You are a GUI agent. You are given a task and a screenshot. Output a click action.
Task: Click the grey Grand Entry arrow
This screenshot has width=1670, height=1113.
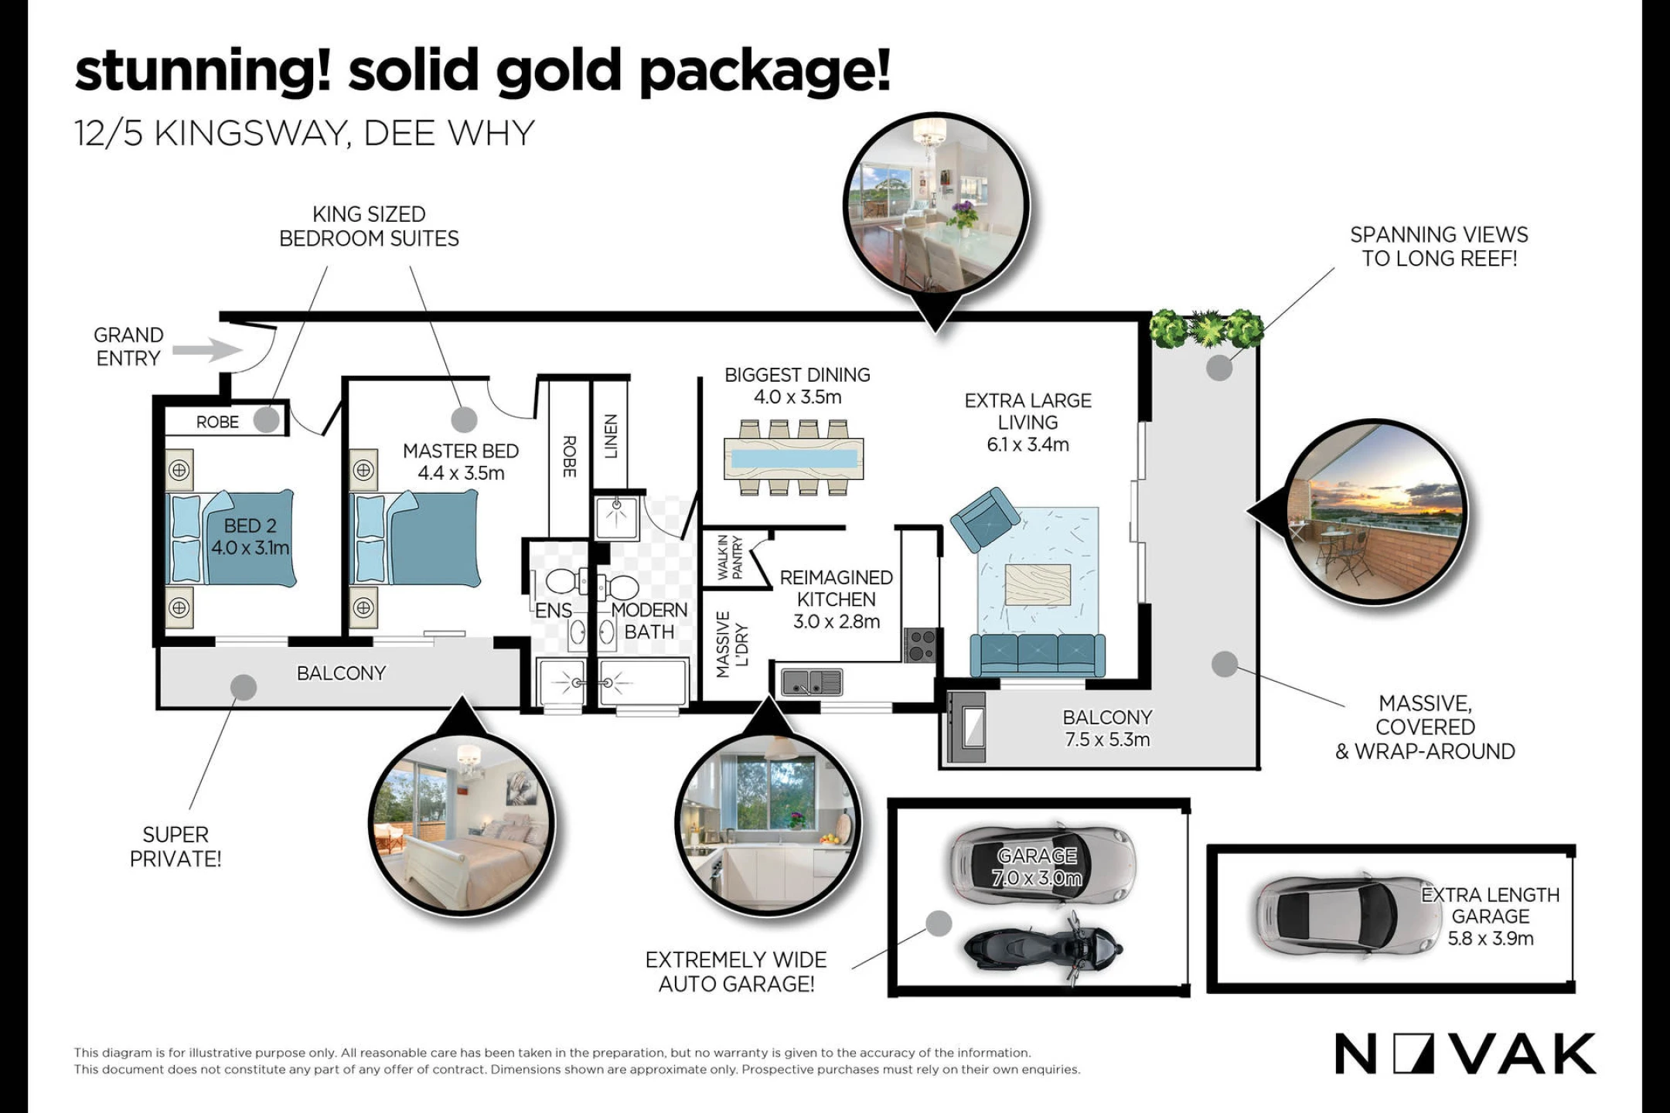coord(207,350)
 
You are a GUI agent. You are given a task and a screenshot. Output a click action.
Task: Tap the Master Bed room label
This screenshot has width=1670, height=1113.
coord(461,461)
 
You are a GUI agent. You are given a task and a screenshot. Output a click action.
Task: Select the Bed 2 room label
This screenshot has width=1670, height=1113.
coord(250,536)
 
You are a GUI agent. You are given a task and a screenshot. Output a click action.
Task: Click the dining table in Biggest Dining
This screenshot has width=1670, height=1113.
coord(793,458)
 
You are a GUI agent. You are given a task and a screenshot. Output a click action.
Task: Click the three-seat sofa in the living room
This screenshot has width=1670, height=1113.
coord(1038,655)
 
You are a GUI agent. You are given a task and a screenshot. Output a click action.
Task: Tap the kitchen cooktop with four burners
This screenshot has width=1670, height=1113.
coord(920,645)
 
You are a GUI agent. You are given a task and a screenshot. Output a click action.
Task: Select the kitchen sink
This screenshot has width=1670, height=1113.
coord(811,682)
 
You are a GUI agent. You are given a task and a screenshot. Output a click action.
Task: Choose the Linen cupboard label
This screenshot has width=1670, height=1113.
coord(611,436)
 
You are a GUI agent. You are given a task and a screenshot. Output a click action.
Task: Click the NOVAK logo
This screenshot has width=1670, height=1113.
coord(1465,1053)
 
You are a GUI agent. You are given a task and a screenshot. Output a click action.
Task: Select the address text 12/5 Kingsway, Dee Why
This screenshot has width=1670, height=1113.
coord(305,133)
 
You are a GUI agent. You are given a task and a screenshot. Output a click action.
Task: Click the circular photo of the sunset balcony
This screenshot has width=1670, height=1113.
coord(1376,512)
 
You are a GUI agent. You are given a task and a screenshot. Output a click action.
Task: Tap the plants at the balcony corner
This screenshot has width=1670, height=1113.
coord(1206,328)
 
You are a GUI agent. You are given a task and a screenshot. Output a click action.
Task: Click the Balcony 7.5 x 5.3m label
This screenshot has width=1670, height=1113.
coord(1107,728)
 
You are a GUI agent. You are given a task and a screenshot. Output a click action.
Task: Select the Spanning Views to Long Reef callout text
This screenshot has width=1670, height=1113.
coord(1439,247)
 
